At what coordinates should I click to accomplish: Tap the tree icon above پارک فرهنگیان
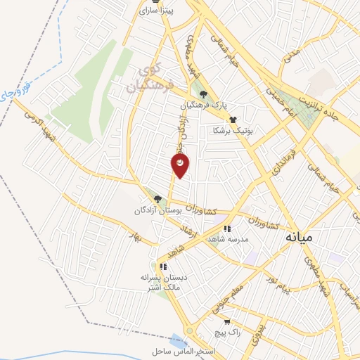[x=204, y=95]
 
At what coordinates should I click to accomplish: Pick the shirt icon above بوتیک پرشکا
[x=233, y=120]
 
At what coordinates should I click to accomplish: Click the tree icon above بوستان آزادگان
[x=157, y=199]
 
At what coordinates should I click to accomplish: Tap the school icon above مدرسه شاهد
[x=226, y=229]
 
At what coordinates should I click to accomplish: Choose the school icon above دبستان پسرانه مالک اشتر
[x=162, y=266]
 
